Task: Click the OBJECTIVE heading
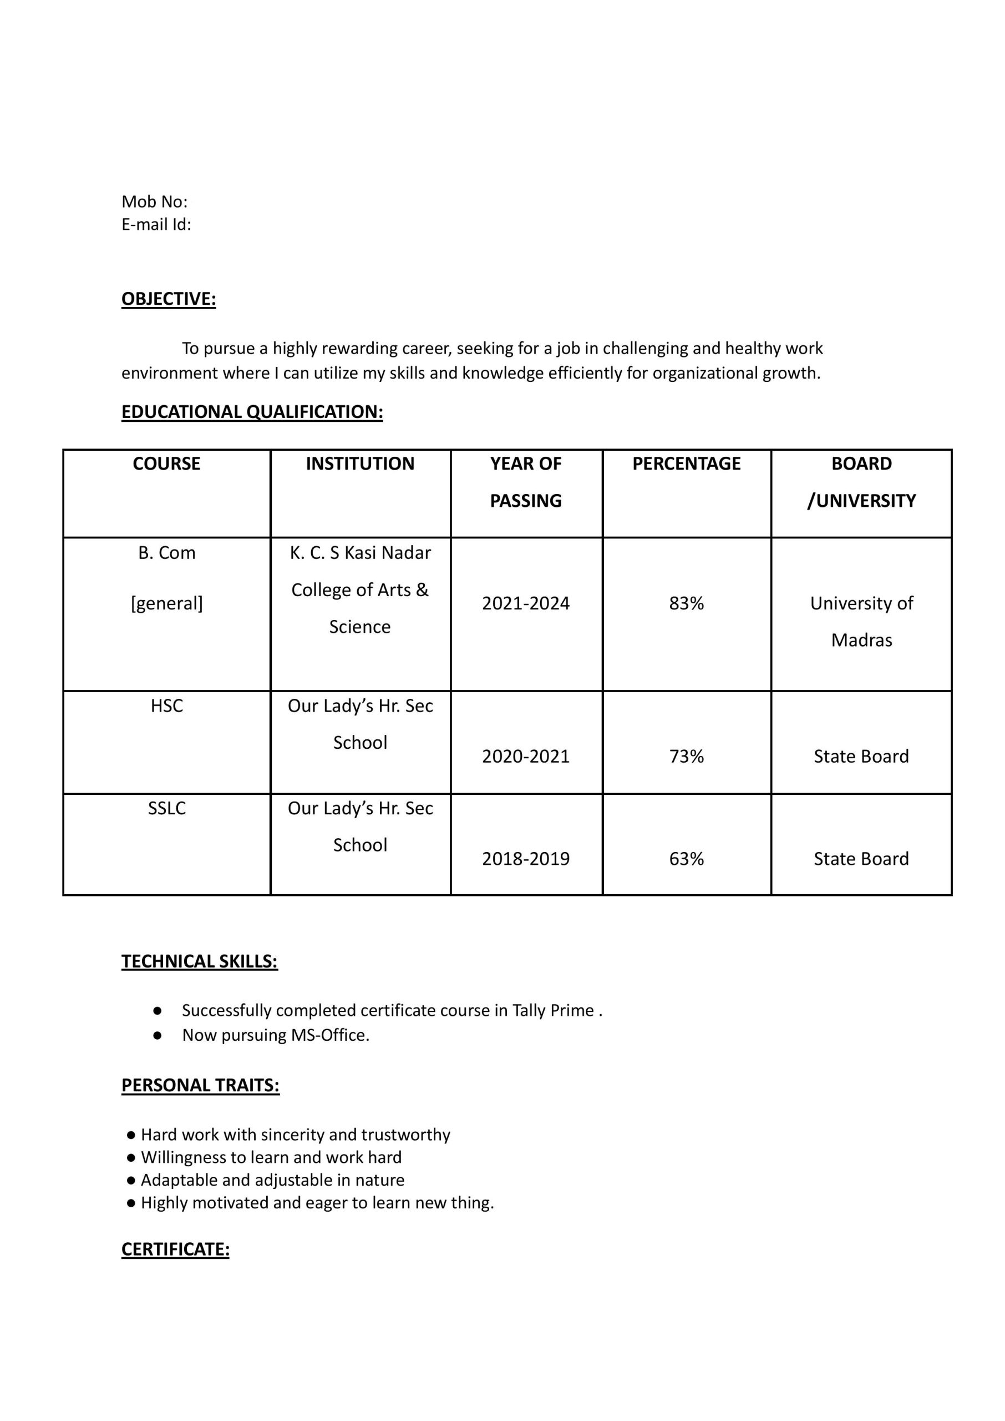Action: pos(168,299)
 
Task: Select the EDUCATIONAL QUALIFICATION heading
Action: pos(252,412)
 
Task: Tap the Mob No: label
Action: pos(154,201)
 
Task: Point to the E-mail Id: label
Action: pos(156,224)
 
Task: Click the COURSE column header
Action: pos(166,463)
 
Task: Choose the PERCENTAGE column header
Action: pos(686,463)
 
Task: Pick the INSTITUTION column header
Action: pos(360,463)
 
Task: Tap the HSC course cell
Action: pos(166,706)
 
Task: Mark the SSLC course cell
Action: pos(166,808)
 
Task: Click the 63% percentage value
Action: pos(686,859)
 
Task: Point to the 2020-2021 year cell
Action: pos(526,756)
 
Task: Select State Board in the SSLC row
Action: pos(861,859)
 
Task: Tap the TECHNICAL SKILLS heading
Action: pos(199,961)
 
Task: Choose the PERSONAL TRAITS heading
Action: pos(200,1085)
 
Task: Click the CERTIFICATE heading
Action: pos(175,1249)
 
